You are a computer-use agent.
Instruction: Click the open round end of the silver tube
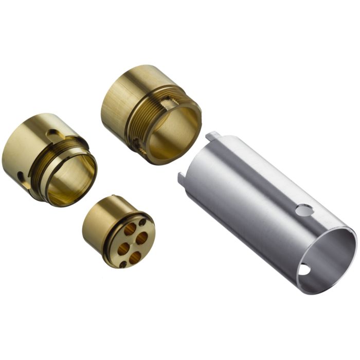point(329,257)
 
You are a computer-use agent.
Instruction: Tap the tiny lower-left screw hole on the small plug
point(122,265)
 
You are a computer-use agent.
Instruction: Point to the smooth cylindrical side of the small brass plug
point(98,226)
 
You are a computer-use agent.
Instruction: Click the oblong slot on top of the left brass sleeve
point(53,135)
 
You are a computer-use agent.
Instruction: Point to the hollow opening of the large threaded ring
point(172,131)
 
